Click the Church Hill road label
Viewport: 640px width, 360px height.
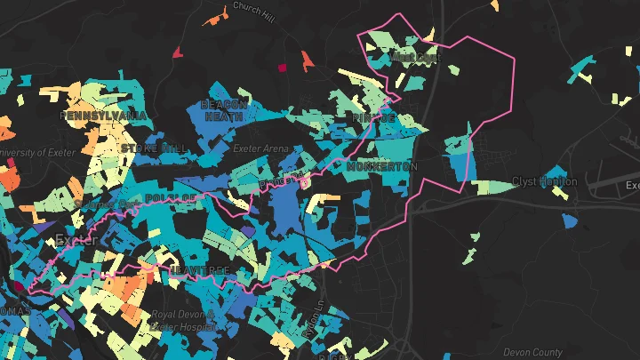(254, 7)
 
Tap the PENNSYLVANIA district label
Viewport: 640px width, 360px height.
(103, 116)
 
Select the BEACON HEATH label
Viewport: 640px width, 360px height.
(223, 110)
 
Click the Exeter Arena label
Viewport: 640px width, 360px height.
(256, 148)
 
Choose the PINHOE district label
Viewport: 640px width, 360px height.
(373, 117)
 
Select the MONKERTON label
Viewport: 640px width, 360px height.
(382, 167)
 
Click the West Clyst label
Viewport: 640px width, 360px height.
(415, 58)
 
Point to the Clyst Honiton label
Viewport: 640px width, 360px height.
(545, 181)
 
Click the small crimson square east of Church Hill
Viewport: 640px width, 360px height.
(284, 67)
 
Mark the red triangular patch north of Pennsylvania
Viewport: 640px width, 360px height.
(178, 52)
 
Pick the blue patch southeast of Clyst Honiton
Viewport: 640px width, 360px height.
(570, 219)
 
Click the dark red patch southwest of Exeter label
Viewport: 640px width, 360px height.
(19, 286)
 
